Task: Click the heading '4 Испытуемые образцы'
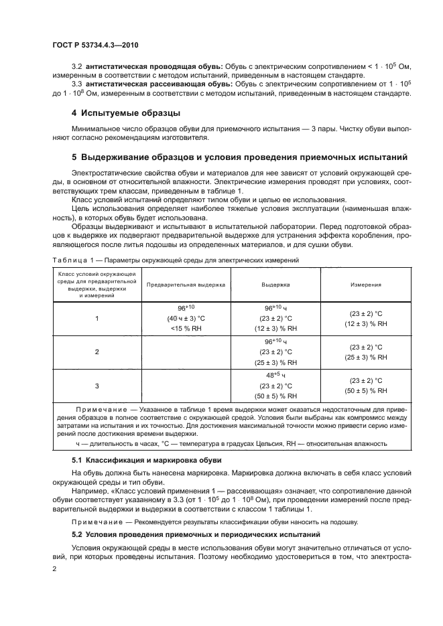[126, 112]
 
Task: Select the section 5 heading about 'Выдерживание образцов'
[239, 158]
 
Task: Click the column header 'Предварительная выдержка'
[186, 285]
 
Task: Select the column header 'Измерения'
[366, 285]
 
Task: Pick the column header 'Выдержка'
[275, 285]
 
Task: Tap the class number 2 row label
[97, 351]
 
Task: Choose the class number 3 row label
[97, 386]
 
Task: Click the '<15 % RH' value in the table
[186, 329]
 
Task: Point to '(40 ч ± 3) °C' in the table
[186, 318]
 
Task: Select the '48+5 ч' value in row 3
[275, 375]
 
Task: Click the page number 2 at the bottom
[56, 568]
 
